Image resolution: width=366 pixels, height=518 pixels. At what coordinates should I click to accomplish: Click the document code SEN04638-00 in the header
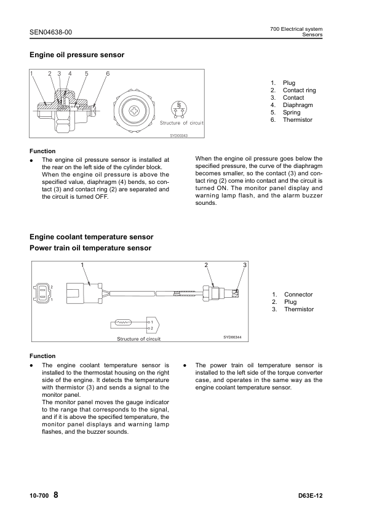click(50, 32)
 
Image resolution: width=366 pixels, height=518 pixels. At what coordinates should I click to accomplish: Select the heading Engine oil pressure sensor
click(77, 55)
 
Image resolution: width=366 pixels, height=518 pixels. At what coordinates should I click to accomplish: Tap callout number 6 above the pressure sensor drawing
click(108, 74)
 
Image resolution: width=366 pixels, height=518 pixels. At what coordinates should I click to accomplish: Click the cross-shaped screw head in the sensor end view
click(135, 110)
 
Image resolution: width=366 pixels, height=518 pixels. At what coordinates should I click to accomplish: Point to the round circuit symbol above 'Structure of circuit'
click(179, 109)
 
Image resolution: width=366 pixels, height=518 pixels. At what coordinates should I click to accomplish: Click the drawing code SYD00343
click(179, 135)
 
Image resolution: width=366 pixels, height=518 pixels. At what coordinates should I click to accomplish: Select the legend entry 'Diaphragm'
click(298, 105)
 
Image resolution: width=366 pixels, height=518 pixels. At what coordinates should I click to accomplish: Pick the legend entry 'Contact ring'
click(300, 90)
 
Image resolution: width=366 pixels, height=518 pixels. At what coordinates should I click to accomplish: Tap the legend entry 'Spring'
click(292, 113)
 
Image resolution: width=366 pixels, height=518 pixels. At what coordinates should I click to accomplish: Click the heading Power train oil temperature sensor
click(90, 248)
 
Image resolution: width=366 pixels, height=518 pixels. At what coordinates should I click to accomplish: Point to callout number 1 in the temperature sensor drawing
click(82, 265)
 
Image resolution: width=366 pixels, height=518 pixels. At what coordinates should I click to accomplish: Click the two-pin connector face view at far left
click(42, 293)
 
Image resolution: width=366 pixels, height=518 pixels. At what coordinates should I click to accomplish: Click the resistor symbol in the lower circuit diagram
click(123, 322)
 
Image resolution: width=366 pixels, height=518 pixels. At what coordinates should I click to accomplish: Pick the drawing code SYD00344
click(233, 337)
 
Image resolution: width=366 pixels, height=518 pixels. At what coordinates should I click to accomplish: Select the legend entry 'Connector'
click(298, 294)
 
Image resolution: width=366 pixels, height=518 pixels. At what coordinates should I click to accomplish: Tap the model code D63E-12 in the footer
click(310, 496)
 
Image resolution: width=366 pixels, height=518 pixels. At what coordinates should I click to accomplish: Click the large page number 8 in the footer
click(55, 495)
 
